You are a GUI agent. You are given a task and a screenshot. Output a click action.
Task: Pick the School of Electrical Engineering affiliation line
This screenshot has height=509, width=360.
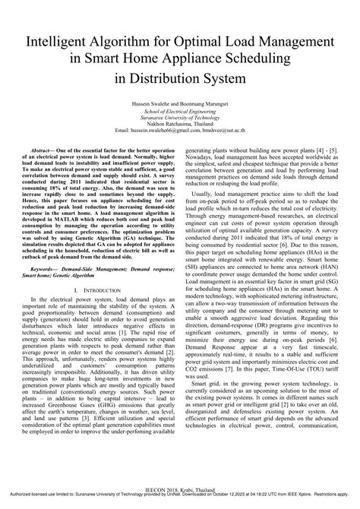180,111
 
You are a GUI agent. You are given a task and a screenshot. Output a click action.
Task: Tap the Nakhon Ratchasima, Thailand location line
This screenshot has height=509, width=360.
180,125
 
